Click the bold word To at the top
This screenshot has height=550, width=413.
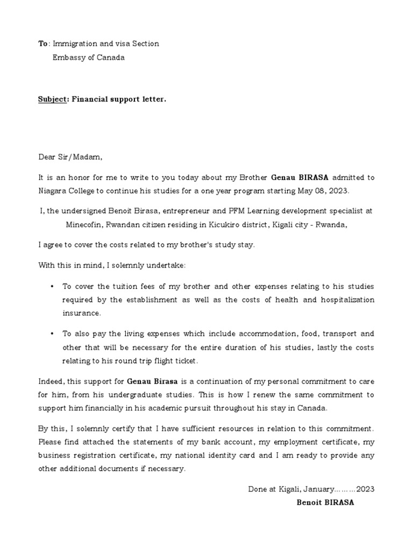tap(42, 44)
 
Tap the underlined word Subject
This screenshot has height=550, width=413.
tap(51, 99)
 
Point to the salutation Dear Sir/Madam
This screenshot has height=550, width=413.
tap(69, 157)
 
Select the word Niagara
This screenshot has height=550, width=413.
tap(53, 191)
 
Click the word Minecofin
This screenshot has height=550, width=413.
tap(84, 225)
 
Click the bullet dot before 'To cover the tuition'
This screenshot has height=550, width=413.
tap(52, 286)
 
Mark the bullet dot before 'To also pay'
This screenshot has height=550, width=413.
tap(52, 334)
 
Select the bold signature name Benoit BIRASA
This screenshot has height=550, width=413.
tap(325, 503)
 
